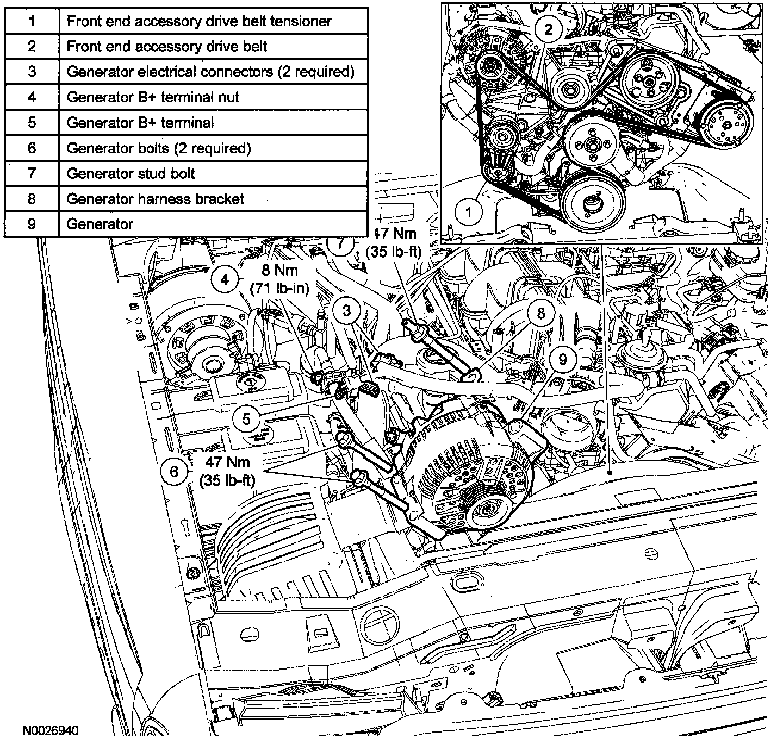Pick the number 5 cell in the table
point(32,123)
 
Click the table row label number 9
point(32,224)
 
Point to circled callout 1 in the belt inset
point(468,211)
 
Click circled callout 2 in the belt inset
point(548,29)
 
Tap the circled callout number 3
point(346,310)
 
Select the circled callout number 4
point(225,279)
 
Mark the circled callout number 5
point(246,419)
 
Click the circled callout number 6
point(174,471)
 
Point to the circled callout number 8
point(540,312)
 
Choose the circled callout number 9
point(563,359)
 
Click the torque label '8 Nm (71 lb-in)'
point(279,279)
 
